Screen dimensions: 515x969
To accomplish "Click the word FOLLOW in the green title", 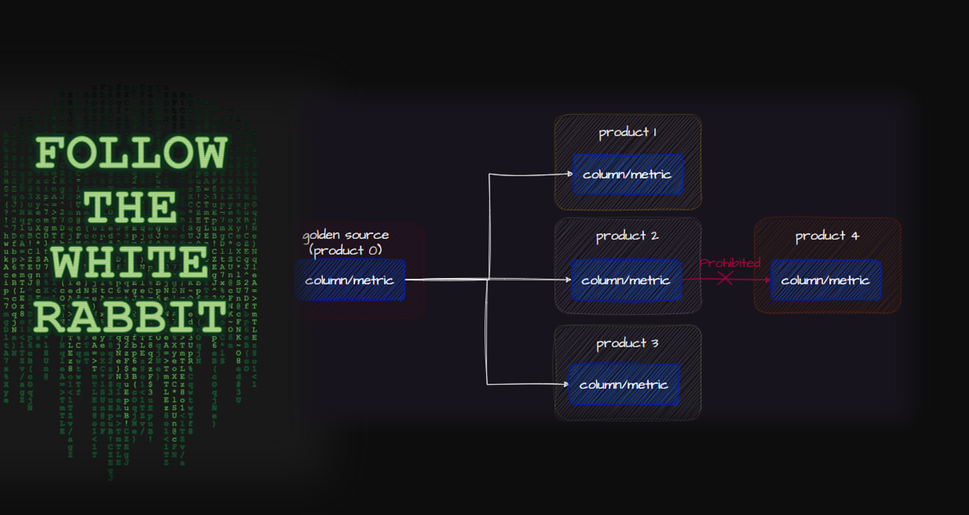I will point(131,153).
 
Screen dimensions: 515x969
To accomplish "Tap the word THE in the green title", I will point(130,207).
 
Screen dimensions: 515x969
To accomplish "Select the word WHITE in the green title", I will point(130,262).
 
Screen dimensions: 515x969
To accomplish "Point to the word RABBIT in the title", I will point(130,317).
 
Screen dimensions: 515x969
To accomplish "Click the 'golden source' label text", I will point(346,235).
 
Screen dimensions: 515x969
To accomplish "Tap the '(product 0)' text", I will point(346,251).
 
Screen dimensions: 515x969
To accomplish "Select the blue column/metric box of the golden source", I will point(350,280).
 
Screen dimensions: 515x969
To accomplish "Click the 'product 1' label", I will point(628,132).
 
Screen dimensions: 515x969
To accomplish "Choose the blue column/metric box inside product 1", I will point(628,175).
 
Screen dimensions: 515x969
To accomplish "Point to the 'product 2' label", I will point(627,236).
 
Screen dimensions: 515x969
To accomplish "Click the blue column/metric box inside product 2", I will point(625,280).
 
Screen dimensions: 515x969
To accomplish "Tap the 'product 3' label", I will point(627,344).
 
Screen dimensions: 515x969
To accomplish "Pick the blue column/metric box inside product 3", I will point(624,385).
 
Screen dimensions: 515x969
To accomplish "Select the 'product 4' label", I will point(827,236).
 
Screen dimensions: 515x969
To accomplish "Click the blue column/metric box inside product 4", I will point(826,280).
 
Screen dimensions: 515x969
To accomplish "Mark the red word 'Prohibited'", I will point(730,263).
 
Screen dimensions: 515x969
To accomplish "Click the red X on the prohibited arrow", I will point(725,279).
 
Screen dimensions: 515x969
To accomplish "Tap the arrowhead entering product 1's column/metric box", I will point(570,174).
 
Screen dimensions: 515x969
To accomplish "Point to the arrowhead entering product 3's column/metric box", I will point(566,385).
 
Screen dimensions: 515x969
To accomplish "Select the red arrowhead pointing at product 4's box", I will point(767,280).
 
